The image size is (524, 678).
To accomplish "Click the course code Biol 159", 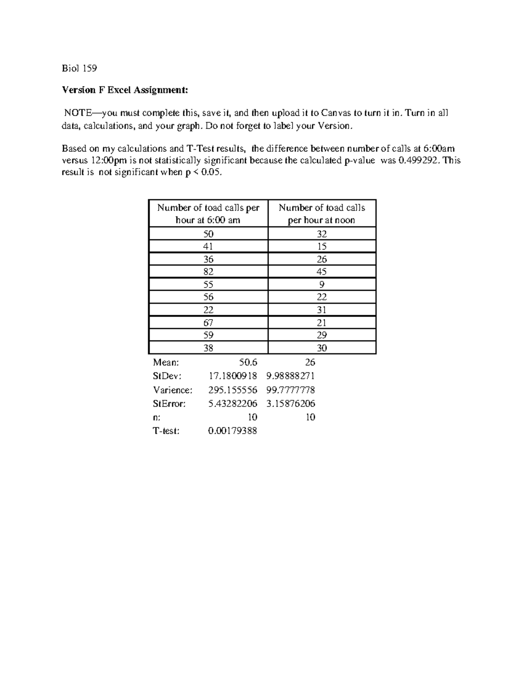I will [x=79, y=68].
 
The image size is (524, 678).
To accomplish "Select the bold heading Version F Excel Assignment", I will [x=125, y=90].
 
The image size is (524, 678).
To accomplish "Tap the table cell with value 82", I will [x=208, y=272].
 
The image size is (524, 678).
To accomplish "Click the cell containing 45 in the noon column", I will [x=322, y=272].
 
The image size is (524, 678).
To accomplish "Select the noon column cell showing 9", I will [x=322, y=284].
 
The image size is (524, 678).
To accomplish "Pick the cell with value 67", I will [x=208, y=323].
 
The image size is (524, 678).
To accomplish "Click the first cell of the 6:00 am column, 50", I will [x=208, y=234].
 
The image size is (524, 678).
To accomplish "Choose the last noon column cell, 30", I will [x=322, y=348].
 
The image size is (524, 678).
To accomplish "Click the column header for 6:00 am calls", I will [x=208, y=213].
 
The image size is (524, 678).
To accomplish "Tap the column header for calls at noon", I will [x=322, y=213].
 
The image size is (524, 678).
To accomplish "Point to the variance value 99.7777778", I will [x=290, y=390].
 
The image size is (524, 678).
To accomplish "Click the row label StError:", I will [x=169, y=404].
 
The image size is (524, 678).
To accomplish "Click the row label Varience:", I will [x=172, y=390].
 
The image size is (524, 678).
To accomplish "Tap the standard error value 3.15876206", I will [x=290, y=404].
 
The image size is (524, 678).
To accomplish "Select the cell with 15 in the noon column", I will [x=322, y=246].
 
